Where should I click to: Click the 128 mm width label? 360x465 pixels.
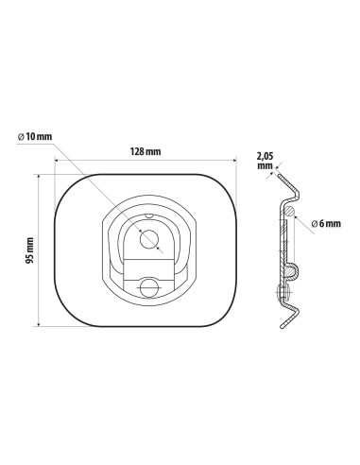coord(146,151)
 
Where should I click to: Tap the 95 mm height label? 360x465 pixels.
coord(30,250)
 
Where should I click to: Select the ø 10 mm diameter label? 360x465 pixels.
coord(35,137)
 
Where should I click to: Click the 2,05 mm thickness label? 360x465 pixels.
coord(266,161)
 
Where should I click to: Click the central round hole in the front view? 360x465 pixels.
coord(148,239)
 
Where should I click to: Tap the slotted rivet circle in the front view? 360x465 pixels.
coord(148,287)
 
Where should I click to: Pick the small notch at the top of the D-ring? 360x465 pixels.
coord(148,215)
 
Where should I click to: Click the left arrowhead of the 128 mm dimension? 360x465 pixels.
coord(57,161)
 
